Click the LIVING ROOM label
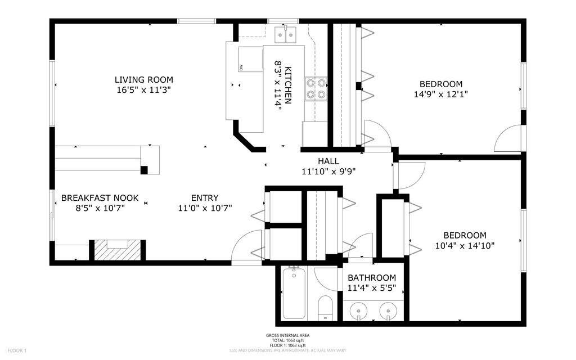coord(143,80)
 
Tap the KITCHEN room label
coord(289,85)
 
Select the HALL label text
coord(328,161)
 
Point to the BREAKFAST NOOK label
coord(100,198)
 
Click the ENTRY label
coord(205,198)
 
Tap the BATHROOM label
coord(372,278)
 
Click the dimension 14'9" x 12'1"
coord(441,94)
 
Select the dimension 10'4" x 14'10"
coord(465,246)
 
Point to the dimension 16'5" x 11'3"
coord(143,90)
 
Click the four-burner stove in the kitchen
coord(316,88)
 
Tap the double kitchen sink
coord(285,35)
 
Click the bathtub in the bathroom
coord(294,294)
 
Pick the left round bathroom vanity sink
coord(358,310)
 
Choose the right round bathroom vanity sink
coord(388,310)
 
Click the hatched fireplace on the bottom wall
coord(118,250)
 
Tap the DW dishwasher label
coord(241,67)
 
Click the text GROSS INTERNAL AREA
coord(287,335)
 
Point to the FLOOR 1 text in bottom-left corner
coord(17,350)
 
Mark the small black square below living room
coord(145,170)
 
